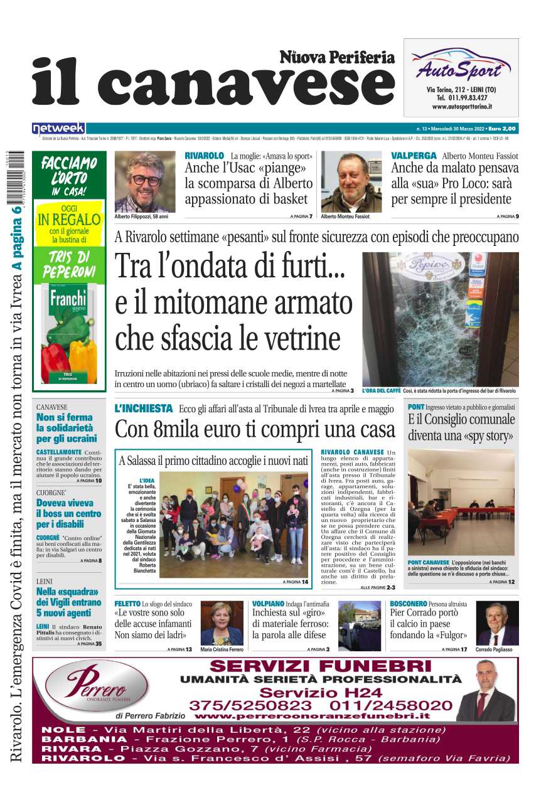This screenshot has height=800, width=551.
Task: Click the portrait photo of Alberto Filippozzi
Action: pyautogui.click(x=145, y=182)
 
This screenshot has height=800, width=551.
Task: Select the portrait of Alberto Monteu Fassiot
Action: pyautogui.click(x=351, y=182)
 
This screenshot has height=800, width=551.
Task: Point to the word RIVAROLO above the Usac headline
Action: pyautogui.click(x=204, y=156)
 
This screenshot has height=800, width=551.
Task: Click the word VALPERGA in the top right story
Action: pyautogui.click(x=413, y=156)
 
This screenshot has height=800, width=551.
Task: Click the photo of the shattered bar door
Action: pyautogui.click(x=440, y=319)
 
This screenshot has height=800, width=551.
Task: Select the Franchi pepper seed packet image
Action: pyautogui.click(x=69, y=333)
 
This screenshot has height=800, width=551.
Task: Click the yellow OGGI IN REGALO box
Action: pyautogui.click(x=69, y=223)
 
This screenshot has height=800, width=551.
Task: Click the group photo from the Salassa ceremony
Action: pyautogui.click(x=233, y=525)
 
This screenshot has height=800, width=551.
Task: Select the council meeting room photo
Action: pyautogui.click(x=461, y=502)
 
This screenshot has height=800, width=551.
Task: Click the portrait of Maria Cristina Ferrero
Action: pyautogui.click(x=221, y=623)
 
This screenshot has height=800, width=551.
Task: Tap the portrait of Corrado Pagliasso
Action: pyautogui.click(x=497, y=623)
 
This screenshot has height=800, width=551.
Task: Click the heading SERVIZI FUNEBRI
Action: pyautogui.click(x=321, y=666)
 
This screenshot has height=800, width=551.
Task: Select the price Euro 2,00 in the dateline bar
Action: pyautogui.click(x=502, y=129)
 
